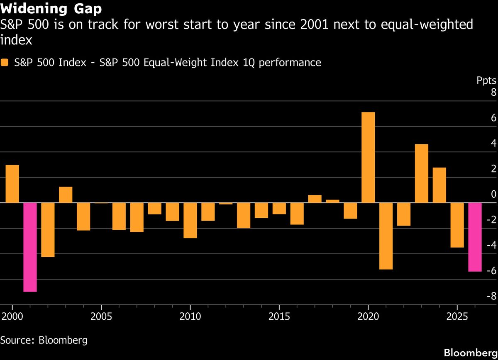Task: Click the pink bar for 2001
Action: pyautogui.click(x=30, y=247)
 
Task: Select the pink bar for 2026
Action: pyautogui.click(x=475, y=237)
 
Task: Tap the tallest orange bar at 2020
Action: pyautogui.click(x=368, y=158)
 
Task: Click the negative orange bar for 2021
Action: pyautogui.click(x=386, y=236)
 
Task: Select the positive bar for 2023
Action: pyautogui.click(x=422, y=173)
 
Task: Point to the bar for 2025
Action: pyautogui.click(x=457, y=225)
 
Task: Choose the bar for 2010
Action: pyautogui.click(x=190, y=220)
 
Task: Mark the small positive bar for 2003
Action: pyautogui.click(x=66, y=195)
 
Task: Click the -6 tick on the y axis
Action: pyautogui.click(x=490, y=271)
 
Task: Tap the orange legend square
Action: pyautogui.click(x=5, y=63)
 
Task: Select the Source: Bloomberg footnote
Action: pyautogui.click(x=44, y=340)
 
